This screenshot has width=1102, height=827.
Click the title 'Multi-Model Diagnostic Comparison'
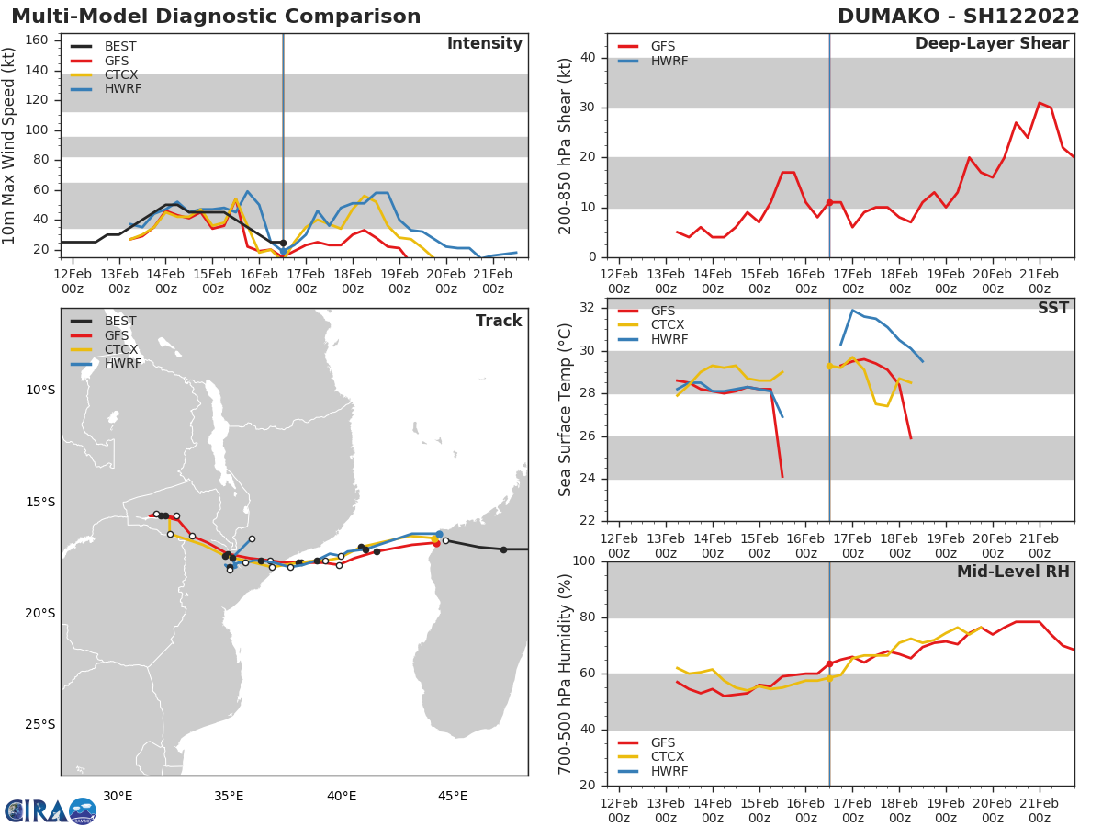(x=216, y=17)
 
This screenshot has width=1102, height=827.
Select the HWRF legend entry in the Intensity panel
(x=122, y=89)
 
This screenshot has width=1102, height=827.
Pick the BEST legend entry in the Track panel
(x=120, y=321)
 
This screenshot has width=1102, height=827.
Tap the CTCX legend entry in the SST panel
(x=668, y=325)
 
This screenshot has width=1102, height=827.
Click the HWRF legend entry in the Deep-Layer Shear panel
(x=668, y=61)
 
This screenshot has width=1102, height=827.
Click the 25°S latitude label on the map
(x=39, y=724)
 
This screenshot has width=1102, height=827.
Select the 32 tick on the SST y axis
(x=589, y=308)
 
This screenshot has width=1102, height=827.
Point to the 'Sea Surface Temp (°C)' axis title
(x=566, y=409)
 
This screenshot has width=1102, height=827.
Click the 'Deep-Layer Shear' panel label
(x=992, y=44)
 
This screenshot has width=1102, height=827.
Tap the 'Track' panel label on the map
(x=498, y=321)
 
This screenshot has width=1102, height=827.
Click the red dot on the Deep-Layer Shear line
(x=829, y=202)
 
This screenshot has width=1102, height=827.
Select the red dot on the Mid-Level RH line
(x=829, y=663)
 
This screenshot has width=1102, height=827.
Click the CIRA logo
(x=51, y=811)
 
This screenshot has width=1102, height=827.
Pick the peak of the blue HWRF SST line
(x=852, y=310)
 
